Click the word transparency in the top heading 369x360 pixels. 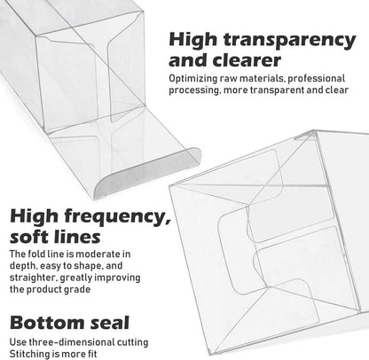click(289, 40)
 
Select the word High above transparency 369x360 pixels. click(193, 39)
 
